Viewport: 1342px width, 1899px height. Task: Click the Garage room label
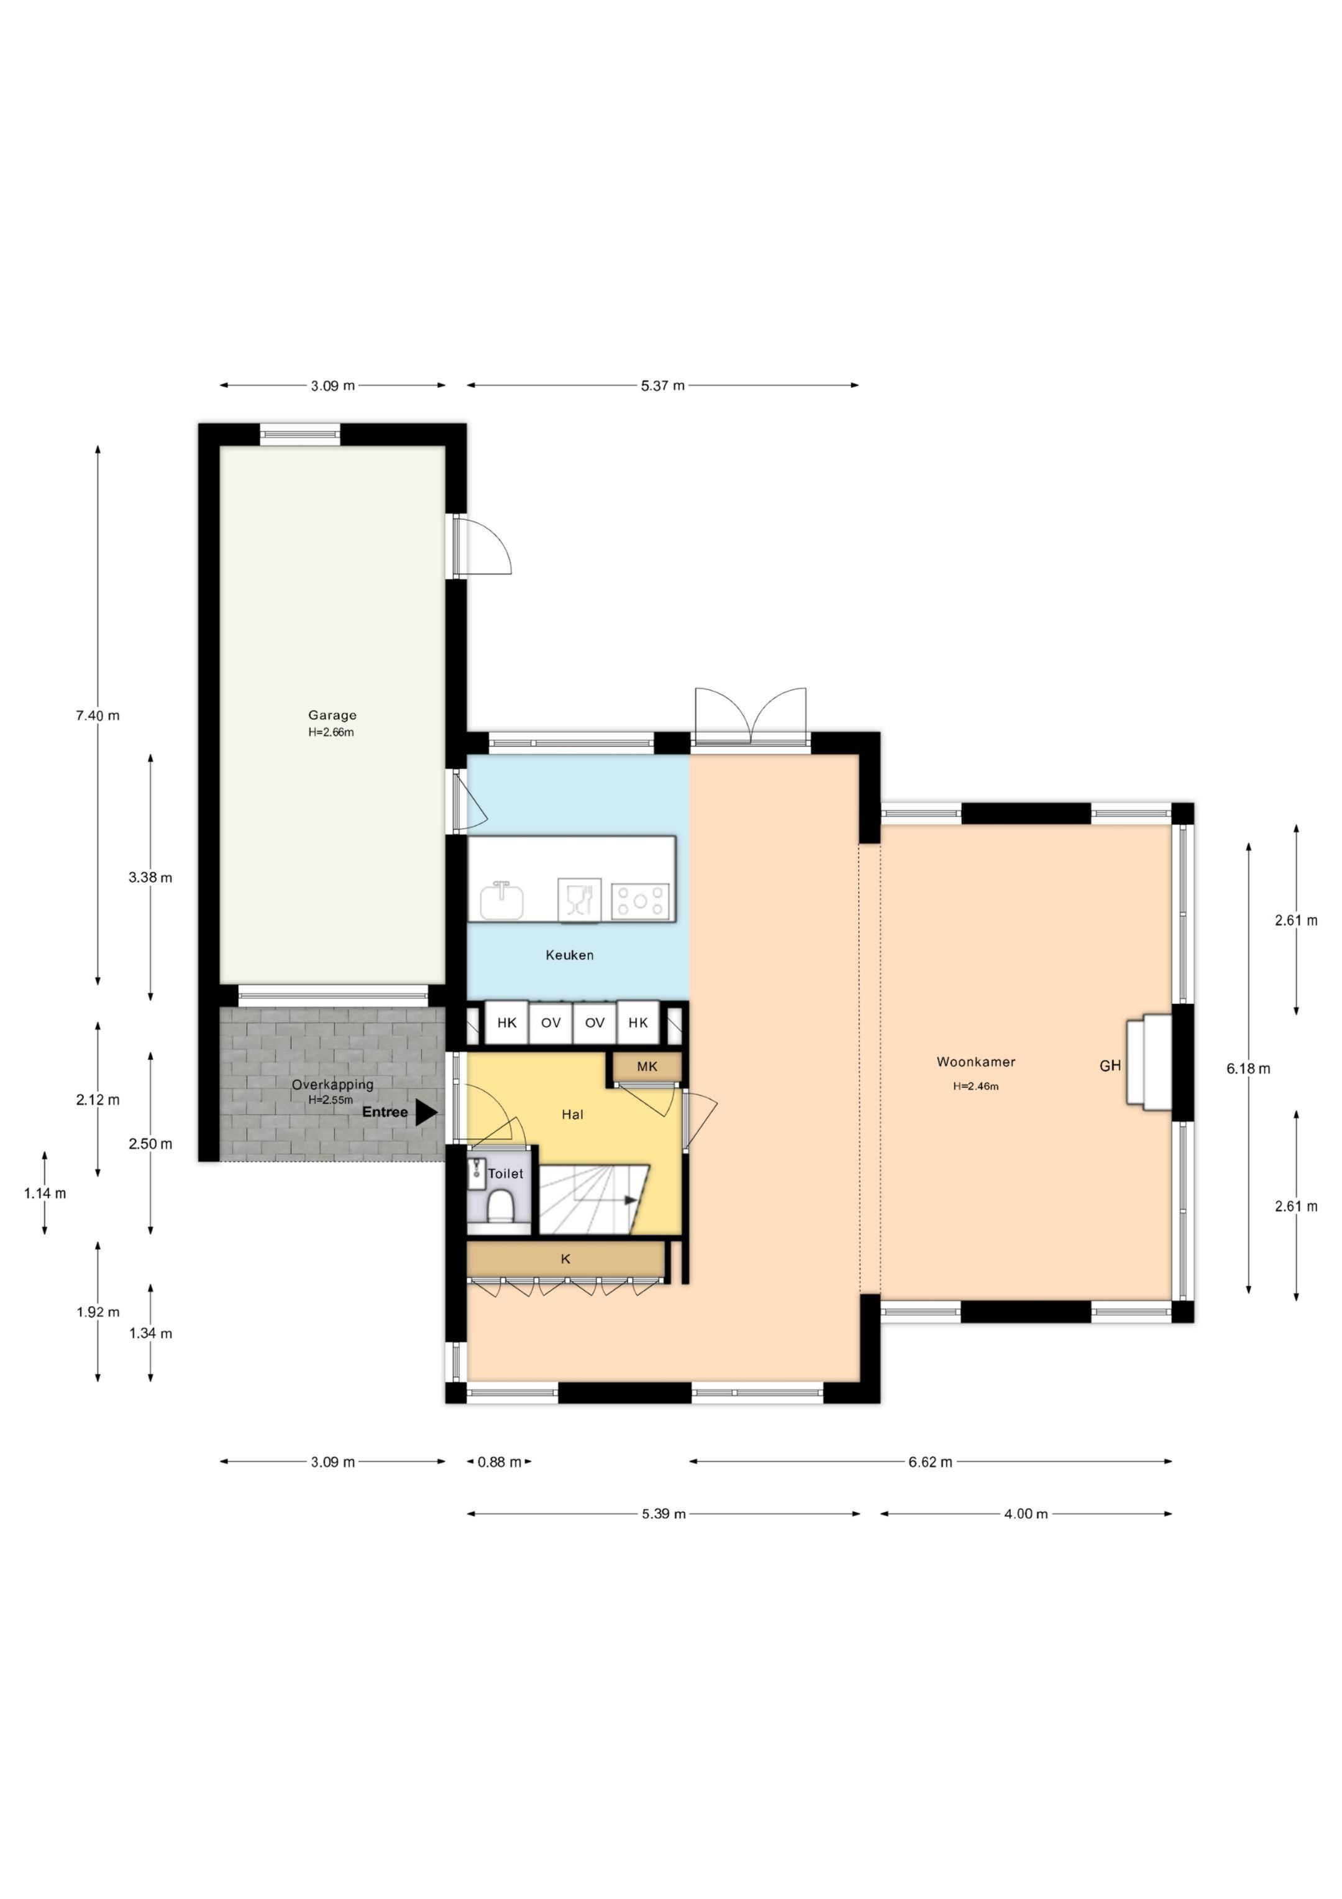point(332,715)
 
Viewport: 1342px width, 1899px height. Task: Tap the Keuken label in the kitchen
point(570,955)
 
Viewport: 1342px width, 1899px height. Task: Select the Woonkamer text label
point(975,1062)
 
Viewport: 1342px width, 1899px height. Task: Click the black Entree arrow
point(426,1113)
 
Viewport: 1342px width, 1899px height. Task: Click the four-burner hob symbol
point(640,901)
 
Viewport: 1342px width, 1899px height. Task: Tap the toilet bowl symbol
point(499,1208)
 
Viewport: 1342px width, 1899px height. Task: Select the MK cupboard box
point(647,1067)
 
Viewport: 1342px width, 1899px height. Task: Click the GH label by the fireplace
point(1110,1066)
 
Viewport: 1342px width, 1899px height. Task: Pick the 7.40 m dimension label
point(98,715)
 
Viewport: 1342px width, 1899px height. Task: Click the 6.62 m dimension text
point(930,1462)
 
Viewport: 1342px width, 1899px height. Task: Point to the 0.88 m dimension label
point(500,1462)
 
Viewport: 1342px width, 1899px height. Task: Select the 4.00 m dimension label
point(1025,1514)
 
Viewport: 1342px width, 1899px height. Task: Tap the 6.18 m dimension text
point(1248,1069)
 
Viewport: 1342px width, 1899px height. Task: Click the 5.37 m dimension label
point(662,385)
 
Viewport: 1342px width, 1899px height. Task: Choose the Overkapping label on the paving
point(332,1084)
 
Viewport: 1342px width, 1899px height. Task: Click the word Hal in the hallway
point(572,1115)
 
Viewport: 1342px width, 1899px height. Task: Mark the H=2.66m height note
point(331,733)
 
